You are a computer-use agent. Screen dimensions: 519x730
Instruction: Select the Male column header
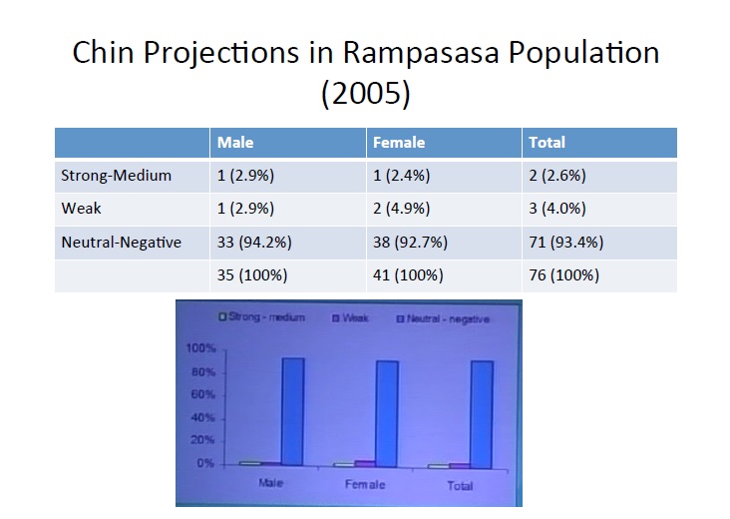(235, 143)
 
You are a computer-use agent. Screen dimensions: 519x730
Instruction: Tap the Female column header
(398, 143)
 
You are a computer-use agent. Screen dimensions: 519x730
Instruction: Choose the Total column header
(547, 143)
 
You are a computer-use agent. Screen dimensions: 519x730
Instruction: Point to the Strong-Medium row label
(117, 176)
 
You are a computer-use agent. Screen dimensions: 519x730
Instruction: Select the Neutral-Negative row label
(122, 242)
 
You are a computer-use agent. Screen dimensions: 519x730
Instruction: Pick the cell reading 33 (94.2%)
(254, 242)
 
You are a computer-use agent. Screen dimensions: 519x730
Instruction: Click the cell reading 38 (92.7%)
(410, 242)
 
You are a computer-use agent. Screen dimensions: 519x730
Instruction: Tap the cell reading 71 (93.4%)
(564, 242)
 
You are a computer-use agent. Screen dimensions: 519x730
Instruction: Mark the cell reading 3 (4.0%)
(556, 209)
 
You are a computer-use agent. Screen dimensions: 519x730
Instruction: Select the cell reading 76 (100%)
(559, 274)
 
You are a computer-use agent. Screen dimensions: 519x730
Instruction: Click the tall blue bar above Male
(292, 410)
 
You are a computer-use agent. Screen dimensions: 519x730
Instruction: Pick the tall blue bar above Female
(386, 412)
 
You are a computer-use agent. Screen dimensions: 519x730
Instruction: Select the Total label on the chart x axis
(460, 486)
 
